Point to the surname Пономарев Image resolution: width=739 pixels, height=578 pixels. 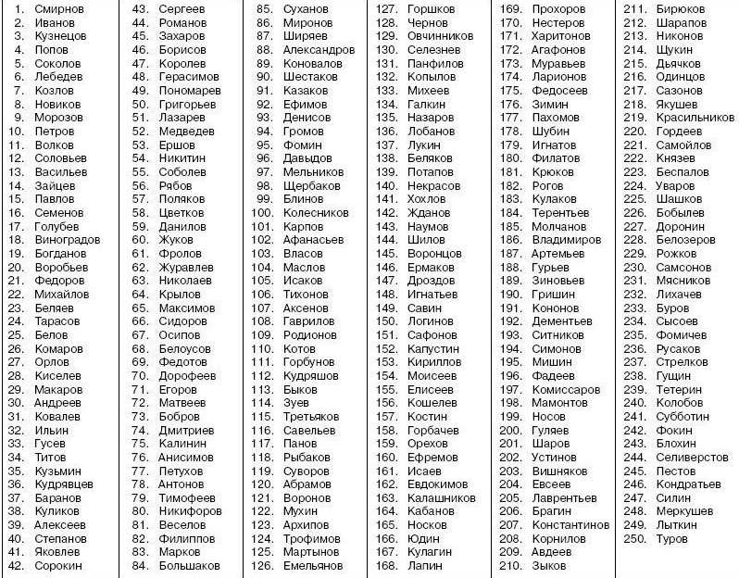point(189,91)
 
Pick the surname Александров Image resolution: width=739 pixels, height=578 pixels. point(318,50)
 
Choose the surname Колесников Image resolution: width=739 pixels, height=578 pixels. point(315,212)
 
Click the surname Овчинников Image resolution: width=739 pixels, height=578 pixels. point(440,36)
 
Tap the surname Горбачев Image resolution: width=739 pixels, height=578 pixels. point(433,430)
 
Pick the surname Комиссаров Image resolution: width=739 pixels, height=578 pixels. point(567,389)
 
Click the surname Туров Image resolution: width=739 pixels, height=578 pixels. point(671,538)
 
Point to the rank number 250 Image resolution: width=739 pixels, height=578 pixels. point(634,538)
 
